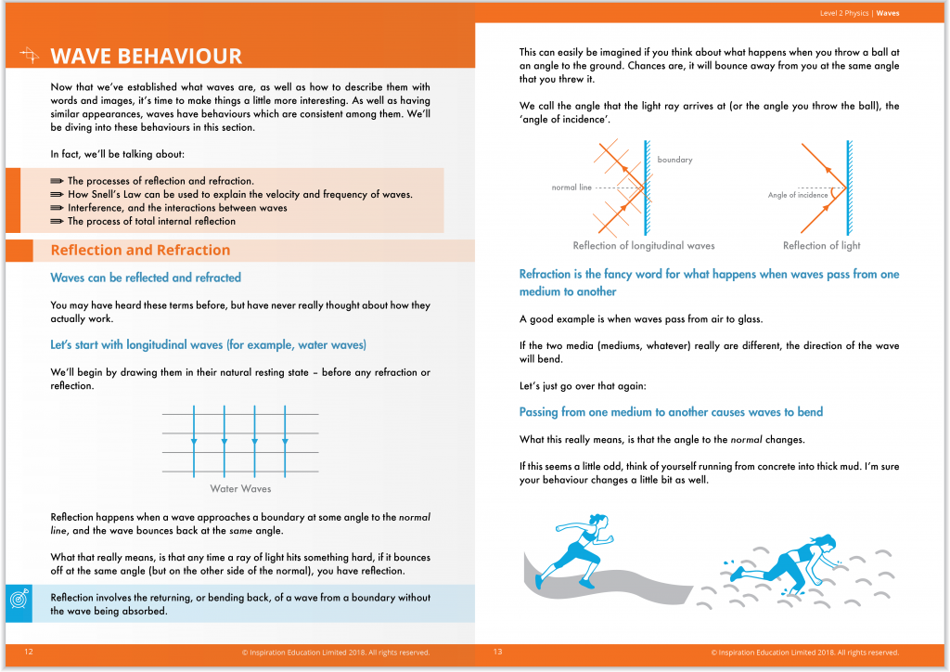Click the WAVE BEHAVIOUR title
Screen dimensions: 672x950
(x=146, y=57)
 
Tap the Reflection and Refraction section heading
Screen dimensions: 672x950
(x=140, y=251)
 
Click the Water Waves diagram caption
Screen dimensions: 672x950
(x=240, y=488)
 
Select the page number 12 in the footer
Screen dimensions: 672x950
(x=29, y=653)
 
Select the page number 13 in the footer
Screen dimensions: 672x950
(x=498, y=653)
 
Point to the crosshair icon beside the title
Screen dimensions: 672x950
(x=30, y=57)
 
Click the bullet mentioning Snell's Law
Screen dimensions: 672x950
(x=239, y=195)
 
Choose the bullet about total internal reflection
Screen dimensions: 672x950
(x=151, y=221)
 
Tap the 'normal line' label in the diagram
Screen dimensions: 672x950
(x=571, y=187)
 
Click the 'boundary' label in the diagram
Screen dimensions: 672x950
(x=674, y=160)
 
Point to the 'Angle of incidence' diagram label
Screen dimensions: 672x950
(x=798, y=195)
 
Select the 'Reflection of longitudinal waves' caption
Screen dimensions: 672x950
(x=644, y=246)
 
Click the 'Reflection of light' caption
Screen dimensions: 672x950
(x=821, y=246)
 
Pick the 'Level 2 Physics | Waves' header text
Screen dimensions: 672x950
(x=859, y=14)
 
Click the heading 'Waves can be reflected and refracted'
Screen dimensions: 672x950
(x=146, y=278)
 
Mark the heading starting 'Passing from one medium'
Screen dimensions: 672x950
(x=671, y=412)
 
